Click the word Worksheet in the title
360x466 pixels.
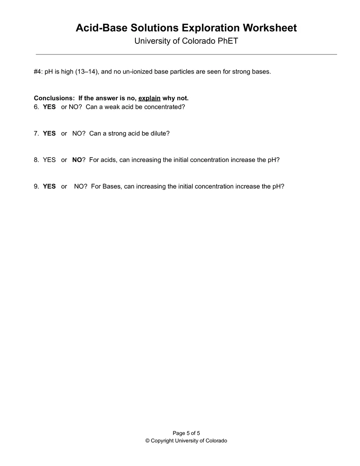point(270,28)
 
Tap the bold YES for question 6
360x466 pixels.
point(49,107)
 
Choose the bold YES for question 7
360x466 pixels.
point(49,133)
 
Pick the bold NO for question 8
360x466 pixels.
point(77,160)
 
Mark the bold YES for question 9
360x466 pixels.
point(49,186)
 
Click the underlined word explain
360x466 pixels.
point(149,98)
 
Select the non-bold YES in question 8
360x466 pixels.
point(49,160)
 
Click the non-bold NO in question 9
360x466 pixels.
point(79,186)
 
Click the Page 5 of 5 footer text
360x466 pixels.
point(186,433)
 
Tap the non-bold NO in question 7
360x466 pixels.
point(77,133)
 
